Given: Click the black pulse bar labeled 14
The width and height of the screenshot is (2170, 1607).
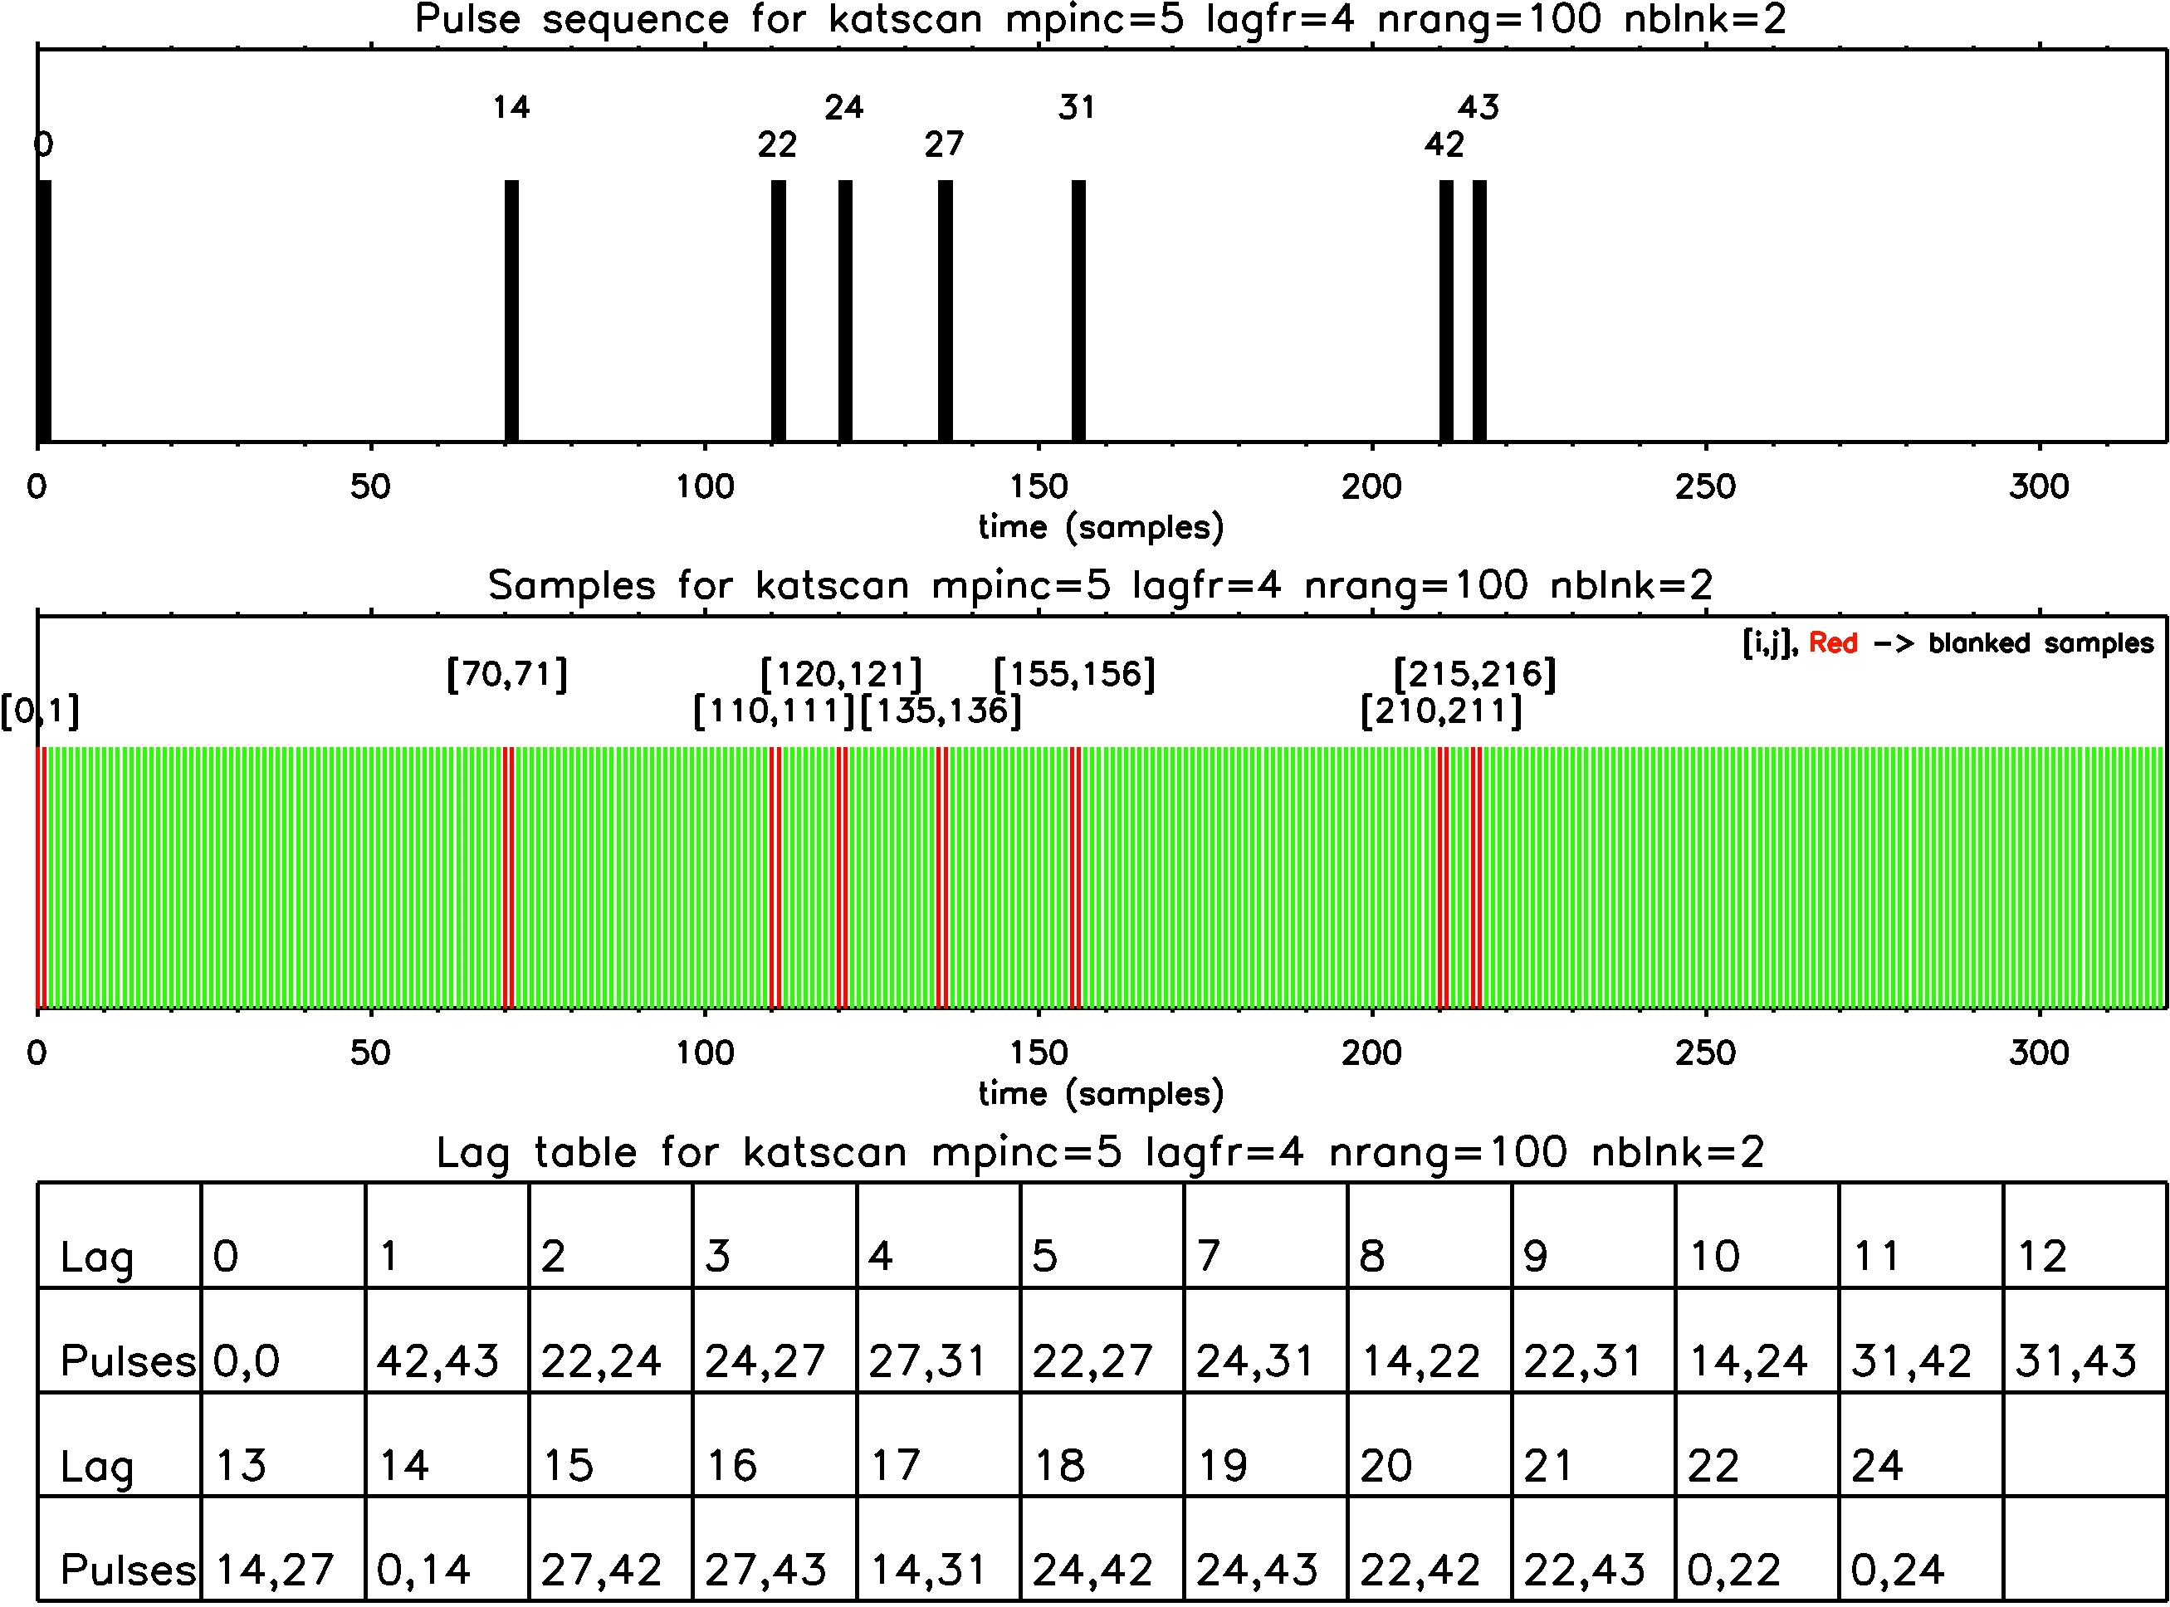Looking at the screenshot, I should click(x=511, y=311).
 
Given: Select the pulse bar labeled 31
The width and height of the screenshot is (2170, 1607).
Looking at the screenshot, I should click(x=1078, y=311).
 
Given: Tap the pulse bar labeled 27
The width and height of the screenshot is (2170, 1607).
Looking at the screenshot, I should click(x=945, y=311).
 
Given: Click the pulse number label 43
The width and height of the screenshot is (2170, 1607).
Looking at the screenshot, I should click(x=1478, y=107).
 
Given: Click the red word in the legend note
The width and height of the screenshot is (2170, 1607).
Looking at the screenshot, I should click(x=1832, y=643).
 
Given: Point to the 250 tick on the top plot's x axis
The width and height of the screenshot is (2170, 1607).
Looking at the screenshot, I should click(x=1705, y=486).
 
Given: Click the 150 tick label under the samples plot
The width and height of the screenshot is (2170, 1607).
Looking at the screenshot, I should click(x=1039, y=1053).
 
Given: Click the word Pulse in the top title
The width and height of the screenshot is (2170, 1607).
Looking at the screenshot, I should click(x=468, y=19).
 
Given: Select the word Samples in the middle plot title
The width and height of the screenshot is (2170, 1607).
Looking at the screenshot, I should click(x=572, y=585).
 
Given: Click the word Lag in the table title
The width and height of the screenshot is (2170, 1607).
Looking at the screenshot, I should click(x=472, y=1153).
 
